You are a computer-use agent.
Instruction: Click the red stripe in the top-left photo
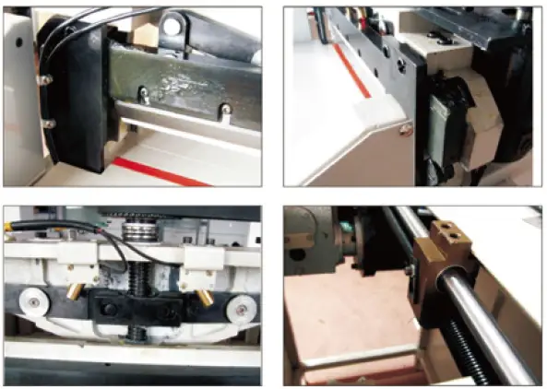coord(157,171)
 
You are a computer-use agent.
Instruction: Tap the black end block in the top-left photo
coord(78,101)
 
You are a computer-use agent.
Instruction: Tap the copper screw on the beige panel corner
coord(407,130)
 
